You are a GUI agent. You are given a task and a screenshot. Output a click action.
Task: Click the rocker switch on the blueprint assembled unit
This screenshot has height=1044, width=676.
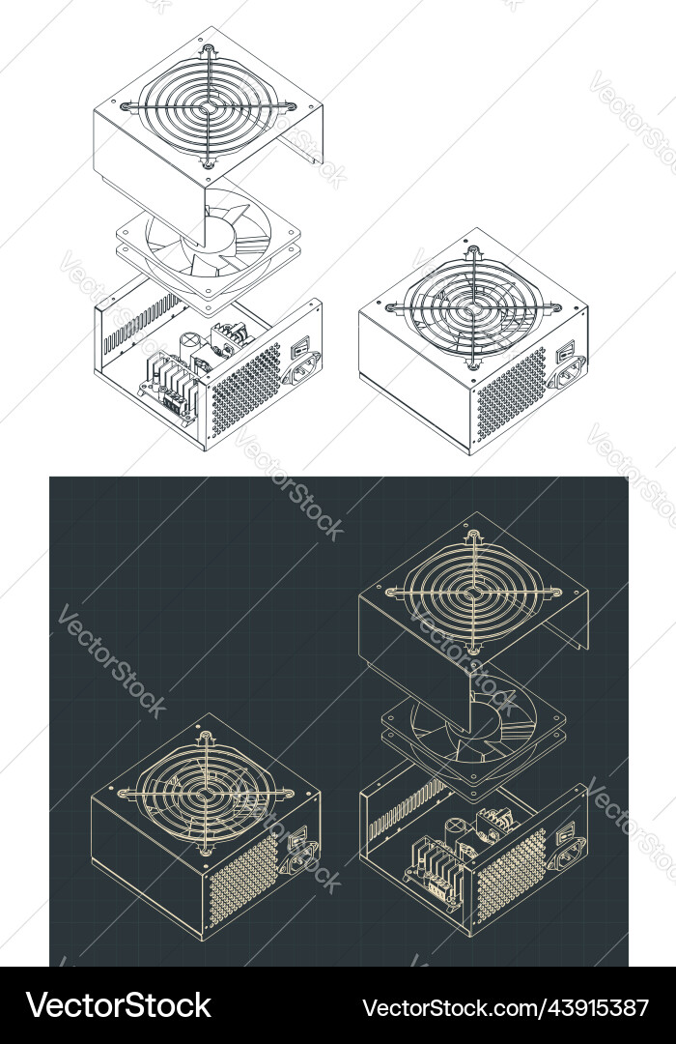[300, 832]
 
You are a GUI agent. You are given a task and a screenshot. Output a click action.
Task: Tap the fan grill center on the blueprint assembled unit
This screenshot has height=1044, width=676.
[205, 795]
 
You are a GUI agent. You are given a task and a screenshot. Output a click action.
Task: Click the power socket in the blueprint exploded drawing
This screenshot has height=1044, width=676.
[567, 849]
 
